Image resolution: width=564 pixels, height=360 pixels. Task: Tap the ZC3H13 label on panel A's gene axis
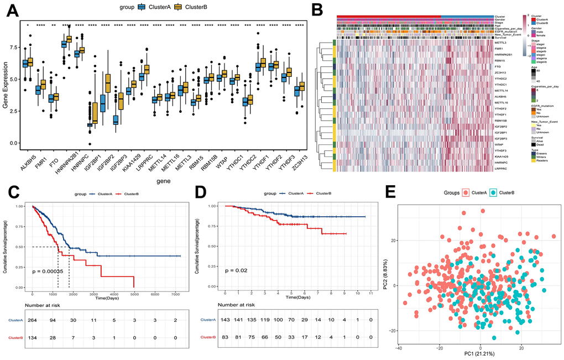click(300, 159)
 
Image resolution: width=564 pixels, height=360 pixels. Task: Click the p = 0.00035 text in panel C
click(56, 272)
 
